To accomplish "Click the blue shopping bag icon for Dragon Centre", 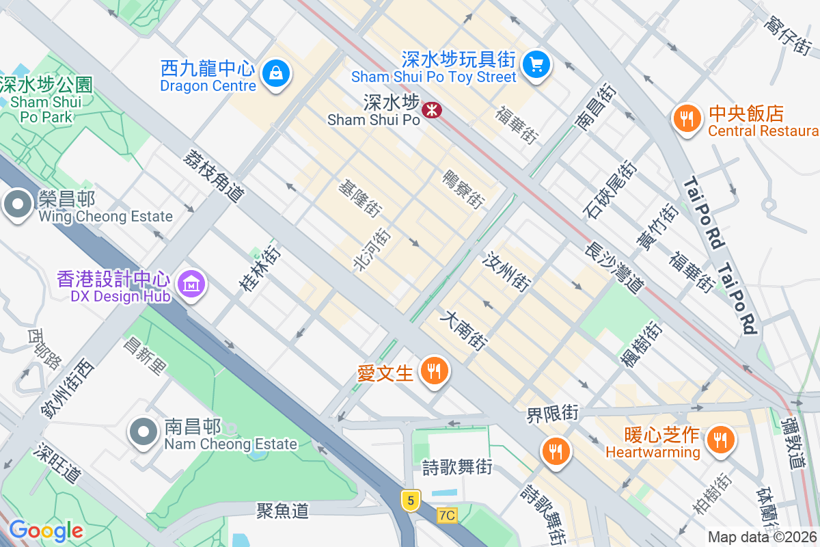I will tap(276, 72).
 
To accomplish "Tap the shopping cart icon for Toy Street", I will tap(536, 65).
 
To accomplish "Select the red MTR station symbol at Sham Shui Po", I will tap(432, 109).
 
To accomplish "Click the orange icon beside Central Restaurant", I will tap(687, 119).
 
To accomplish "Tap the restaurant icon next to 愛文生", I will tap(434, 371).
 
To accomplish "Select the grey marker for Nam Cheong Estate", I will tap(143, 432).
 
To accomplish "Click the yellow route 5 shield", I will tap(410, 501).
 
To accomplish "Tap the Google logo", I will tap(46, 531).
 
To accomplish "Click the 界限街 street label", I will tap(552, 414).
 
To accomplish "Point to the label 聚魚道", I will tap(283, 510).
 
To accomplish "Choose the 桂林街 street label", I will tap(260, 269).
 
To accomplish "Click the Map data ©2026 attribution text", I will tap(763, 537).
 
